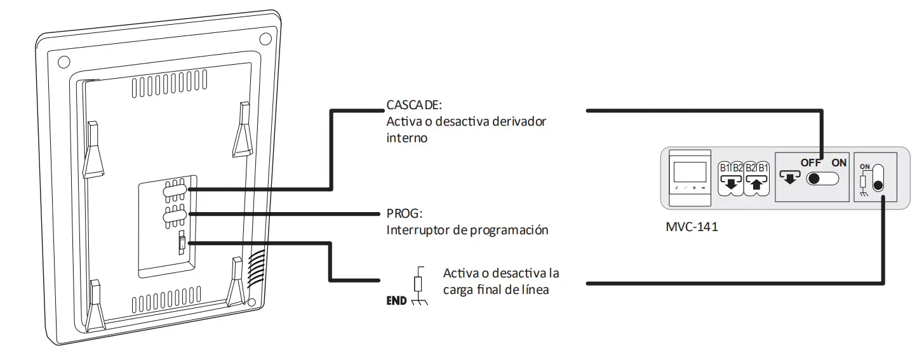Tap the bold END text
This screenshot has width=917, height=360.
[396, 301]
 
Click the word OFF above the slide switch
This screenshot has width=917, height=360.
[811, 163]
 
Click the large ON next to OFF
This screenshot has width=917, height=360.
[839, 163]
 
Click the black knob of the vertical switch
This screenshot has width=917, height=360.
[878, 186]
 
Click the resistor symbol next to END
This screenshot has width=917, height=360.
[418, 283]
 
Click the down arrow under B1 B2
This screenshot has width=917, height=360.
[730, 184]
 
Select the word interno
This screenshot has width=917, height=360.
[406, 137]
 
